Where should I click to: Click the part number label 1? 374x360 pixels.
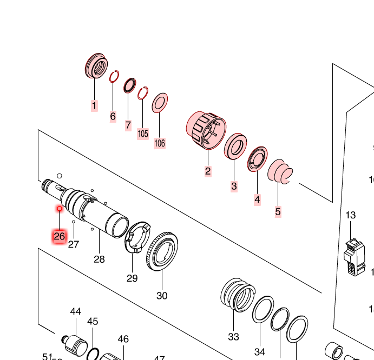pyautogui.click(x=94, y=105)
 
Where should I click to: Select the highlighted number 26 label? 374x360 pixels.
pyautogui.click(x=60, y=236)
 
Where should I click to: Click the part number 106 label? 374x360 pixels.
pyautogui.click(x=160, y=143)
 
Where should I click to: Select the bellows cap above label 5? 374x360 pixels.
pyautogui.click(x=280, y=171)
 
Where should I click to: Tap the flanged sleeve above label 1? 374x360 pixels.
pyautogui.click(x=96, y=66)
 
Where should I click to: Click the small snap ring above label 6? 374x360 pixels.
pyautogui.click(x=114, y=77)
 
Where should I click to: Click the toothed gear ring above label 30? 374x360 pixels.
pyautogui.click(x=162, y=252)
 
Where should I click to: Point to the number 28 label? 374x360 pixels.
pyautogui.click(x=99, y=259)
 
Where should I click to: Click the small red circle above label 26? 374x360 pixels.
pyautogui.click(x=60, y=208)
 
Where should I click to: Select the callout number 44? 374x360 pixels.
pyautogui.click(x=76, y=311)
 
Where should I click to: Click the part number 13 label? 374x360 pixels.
pyautogui.click(x=351, y=215)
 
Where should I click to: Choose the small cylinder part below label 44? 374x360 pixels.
pyautogui.click(x=74, y=342)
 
